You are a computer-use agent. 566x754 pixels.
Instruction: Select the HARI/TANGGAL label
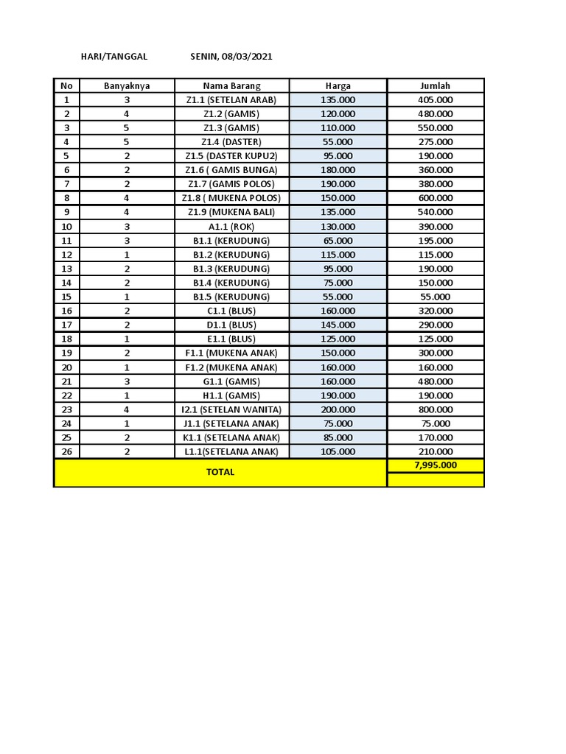[x=114, y=57]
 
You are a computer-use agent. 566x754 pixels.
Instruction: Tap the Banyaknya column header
[x=127, y=86]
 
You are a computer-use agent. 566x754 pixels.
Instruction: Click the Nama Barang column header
[x=231, y=86]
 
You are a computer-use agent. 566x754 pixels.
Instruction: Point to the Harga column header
[x=338, y=86]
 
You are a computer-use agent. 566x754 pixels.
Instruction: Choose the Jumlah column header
[x=435, y=86]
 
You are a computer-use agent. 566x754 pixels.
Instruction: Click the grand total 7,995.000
[x=435, y=465]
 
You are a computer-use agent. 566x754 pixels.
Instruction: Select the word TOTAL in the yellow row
[x=220, y=472]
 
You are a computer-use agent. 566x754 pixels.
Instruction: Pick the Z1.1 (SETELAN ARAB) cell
[x=231, y=100]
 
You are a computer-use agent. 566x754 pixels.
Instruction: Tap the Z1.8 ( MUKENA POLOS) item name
[x=231, y=198]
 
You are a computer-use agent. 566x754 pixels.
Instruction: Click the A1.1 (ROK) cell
[x=231, y=227]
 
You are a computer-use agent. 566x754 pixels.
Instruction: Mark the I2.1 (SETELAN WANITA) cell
[x=231, y=409]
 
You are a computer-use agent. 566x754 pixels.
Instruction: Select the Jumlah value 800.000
[x=435, y=409]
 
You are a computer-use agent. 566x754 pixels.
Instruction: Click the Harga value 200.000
[x=338, y=409]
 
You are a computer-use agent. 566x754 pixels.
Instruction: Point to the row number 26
[x=67, y=451]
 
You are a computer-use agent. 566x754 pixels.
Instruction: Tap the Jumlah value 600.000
[x=435, y=198]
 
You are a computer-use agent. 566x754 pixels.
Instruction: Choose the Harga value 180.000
[x=338, y=170]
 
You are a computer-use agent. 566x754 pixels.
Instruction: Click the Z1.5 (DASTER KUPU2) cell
[x=231, y=156]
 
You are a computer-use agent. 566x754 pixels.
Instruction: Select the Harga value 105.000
[x=338, y=451]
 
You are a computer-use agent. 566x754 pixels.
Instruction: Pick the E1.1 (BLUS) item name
[x=231, y=339]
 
